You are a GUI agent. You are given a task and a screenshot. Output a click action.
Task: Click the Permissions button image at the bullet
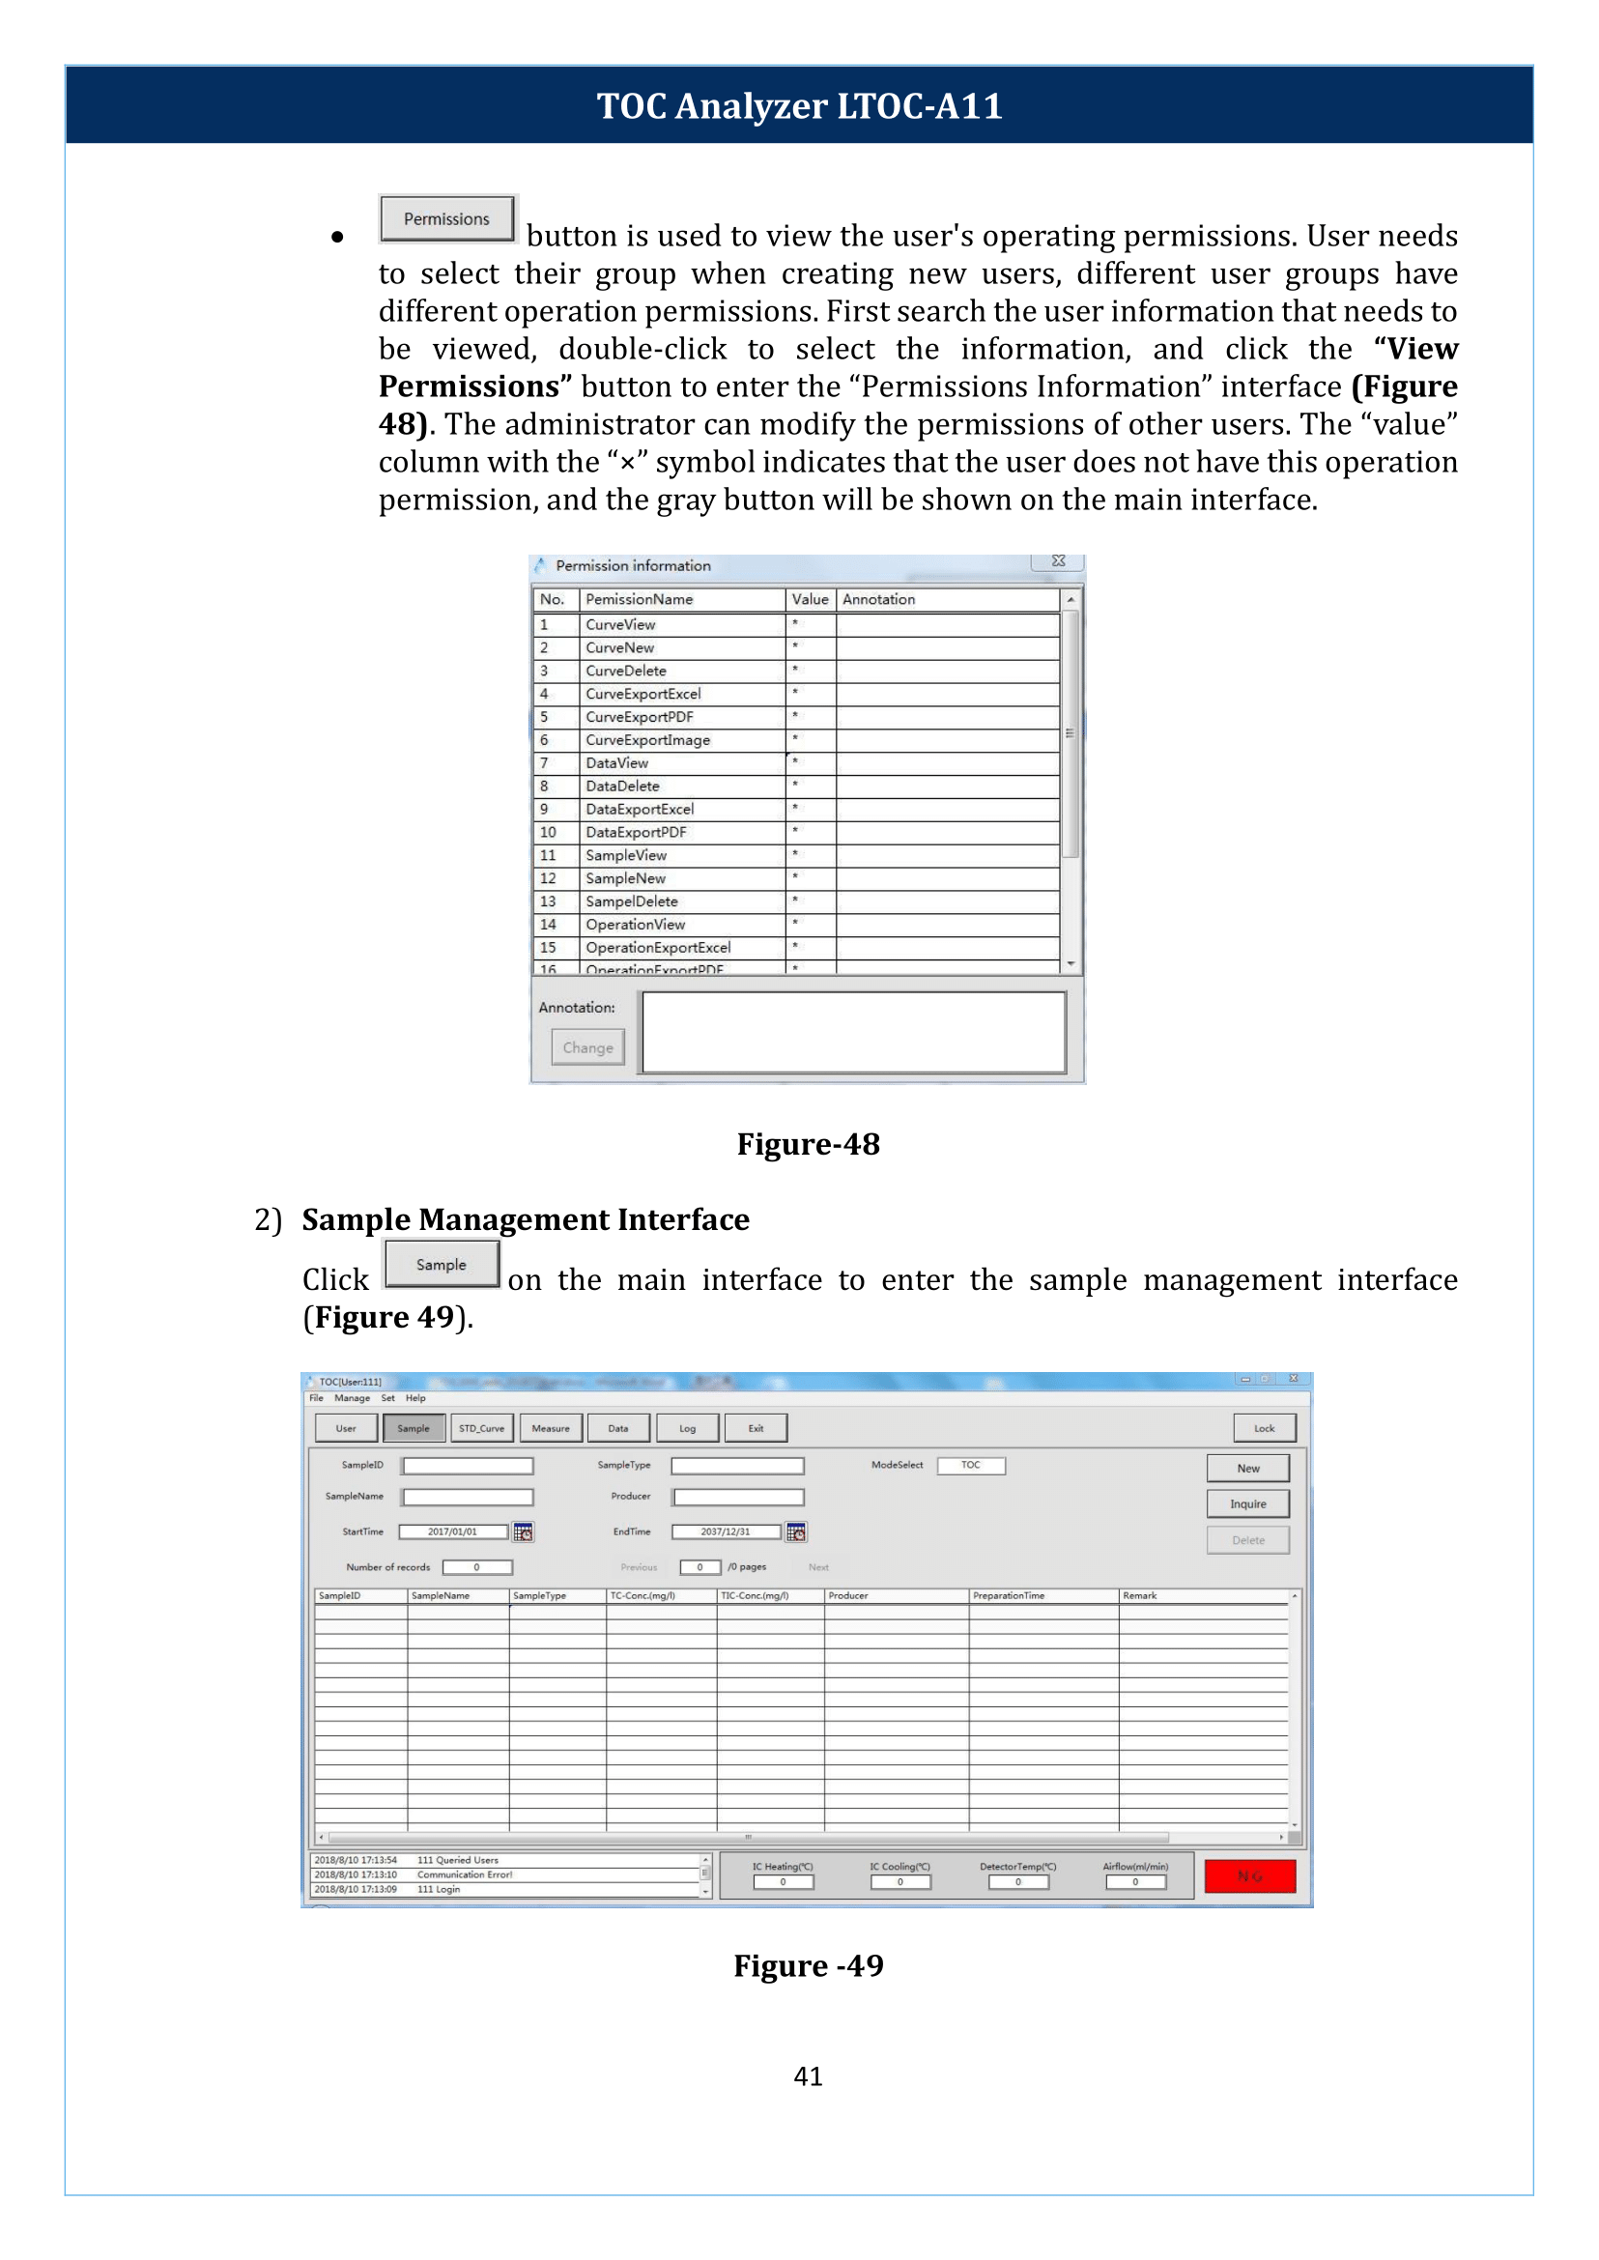coord(447,218)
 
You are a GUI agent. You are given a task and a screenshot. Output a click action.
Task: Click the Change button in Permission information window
coord(587,1047)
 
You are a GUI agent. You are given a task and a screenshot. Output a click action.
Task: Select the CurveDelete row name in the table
coord(626,671)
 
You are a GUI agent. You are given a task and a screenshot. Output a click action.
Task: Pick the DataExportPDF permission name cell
coord(636,832)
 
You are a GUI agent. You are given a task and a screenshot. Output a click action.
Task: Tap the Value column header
coord(810,599)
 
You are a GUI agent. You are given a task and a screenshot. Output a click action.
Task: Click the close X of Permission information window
coord(1059,561)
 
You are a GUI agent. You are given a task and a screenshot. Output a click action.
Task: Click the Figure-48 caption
coord(809,1144)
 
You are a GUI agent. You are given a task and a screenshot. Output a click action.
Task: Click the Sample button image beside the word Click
coord(442,1265)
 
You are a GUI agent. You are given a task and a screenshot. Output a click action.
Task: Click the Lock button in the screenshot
coord(1265,1428)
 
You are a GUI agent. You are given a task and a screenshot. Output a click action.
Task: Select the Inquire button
coord(1247,1503)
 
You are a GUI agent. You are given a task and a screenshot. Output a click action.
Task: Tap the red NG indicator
coord(1249,1876)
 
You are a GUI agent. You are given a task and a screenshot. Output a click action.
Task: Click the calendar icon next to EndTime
coord(796,1532)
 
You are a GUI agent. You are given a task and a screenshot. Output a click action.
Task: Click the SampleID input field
coord(468,1466)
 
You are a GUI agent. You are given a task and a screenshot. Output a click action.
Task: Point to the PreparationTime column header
coord(1009,1595)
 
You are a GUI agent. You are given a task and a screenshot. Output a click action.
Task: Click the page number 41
coord(809,2075)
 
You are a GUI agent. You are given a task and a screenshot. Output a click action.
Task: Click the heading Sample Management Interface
coord(526,1220)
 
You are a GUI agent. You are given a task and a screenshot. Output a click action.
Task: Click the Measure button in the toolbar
coord(551,1428)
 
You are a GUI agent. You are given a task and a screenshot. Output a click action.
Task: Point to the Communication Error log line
coord(464,1875)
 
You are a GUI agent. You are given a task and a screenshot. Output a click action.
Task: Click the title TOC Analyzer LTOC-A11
coord(800,105)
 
